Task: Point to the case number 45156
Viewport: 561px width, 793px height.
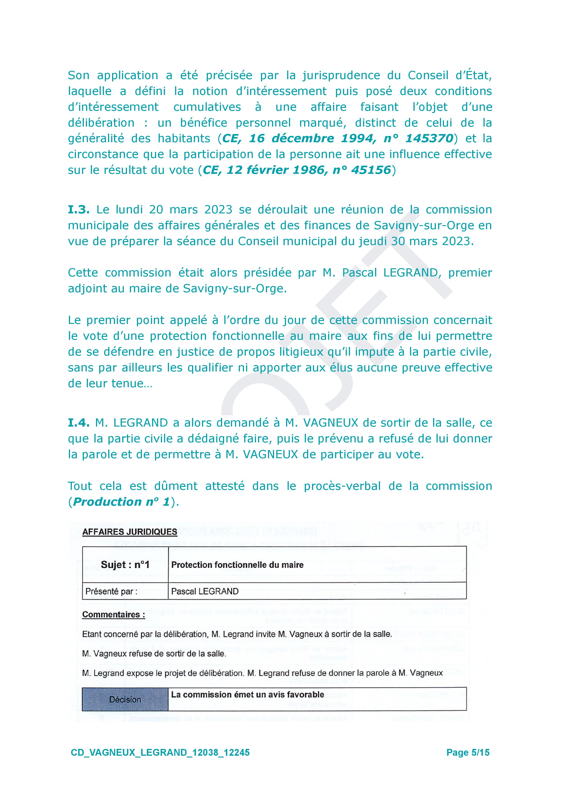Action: pos(371,170)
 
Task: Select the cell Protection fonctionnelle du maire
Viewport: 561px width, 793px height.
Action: pos(237,565)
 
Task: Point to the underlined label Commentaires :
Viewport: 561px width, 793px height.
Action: pos(114,615)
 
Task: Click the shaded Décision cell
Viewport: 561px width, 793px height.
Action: pos(125,700)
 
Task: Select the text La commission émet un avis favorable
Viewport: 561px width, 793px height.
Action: pos(247,694)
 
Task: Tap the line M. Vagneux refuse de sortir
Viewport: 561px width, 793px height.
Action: pos(154,654)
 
